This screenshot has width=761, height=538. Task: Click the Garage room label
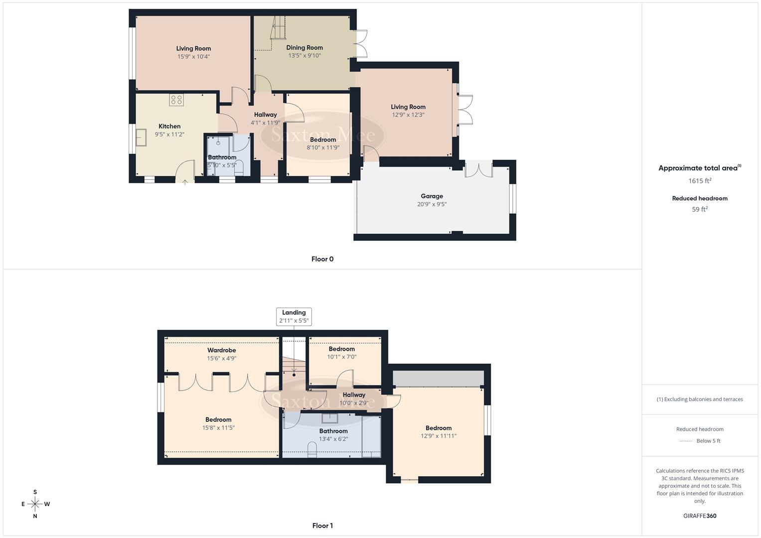click(x=432, y=196)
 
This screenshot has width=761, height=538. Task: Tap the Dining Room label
click(x=304, y=48)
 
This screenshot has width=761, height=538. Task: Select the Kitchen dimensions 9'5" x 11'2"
click(x=169, y=134)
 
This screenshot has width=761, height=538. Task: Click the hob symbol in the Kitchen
click(x=176, y=100)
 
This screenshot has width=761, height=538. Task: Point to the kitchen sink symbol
click(x=142, y=137)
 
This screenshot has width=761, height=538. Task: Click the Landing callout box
click(x=294, y=317)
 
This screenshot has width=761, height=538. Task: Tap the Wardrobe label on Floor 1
click(x=222, y=350)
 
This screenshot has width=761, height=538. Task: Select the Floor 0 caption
click(x=322, y=259)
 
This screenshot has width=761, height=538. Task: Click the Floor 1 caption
click(x=322, y=526)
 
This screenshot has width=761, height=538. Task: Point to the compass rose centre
click(x=35, y=504)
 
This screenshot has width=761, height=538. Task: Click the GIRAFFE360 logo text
click(x=700, y=516)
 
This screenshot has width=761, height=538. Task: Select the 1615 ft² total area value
click(x=700, y=181)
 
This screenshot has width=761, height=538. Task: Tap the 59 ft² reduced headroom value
click(x=700, y=209)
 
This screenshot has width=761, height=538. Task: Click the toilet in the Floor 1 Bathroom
click(x=312, y=450)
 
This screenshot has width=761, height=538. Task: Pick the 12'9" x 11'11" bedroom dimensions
click(x=439, y=436)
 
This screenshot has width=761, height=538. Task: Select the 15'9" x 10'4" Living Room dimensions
click(x=193, y=57)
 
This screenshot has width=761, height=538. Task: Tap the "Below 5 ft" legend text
click(x=708, y=441)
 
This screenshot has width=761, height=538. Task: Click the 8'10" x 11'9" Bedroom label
click(x=323, y=140)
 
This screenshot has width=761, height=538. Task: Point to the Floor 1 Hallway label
click(x=354, y=395)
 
